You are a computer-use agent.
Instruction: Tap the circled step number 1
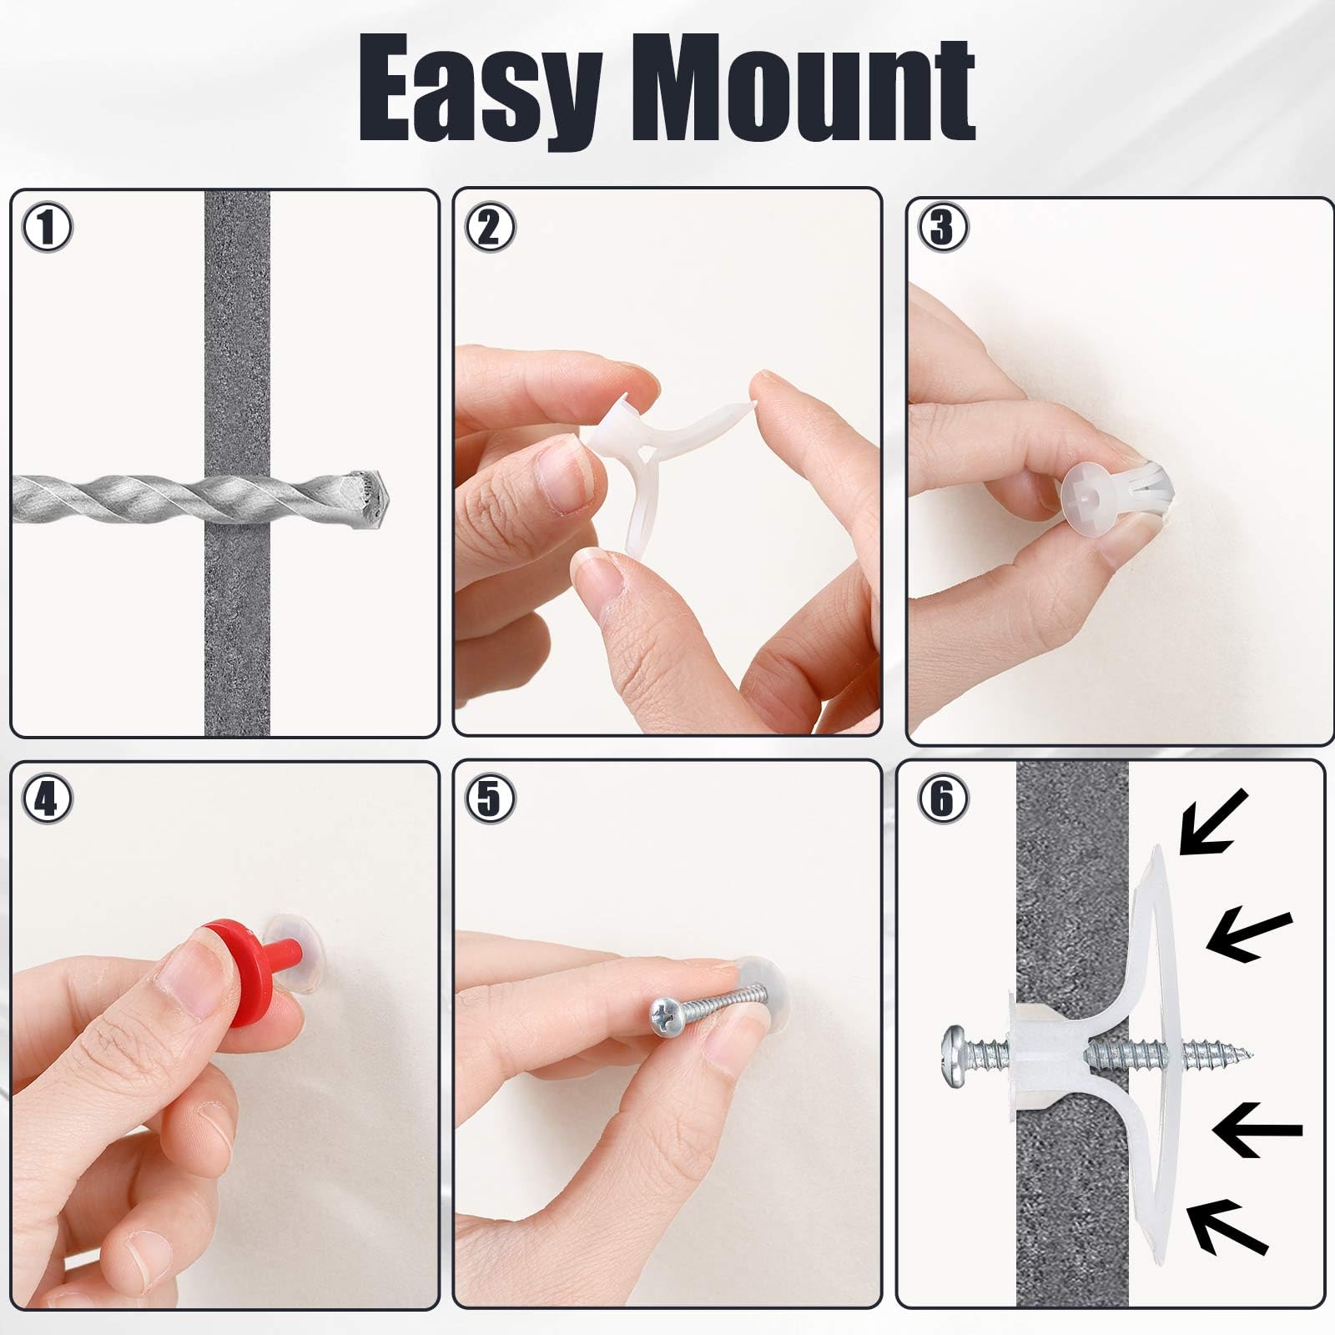47,228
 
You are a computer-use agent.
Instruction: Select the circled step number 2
489,228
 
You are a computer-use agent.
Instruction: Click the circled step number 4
47,799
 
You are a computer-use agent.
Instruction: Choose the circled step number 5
489,799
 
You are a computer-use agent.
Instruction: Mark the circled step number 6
941,799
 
